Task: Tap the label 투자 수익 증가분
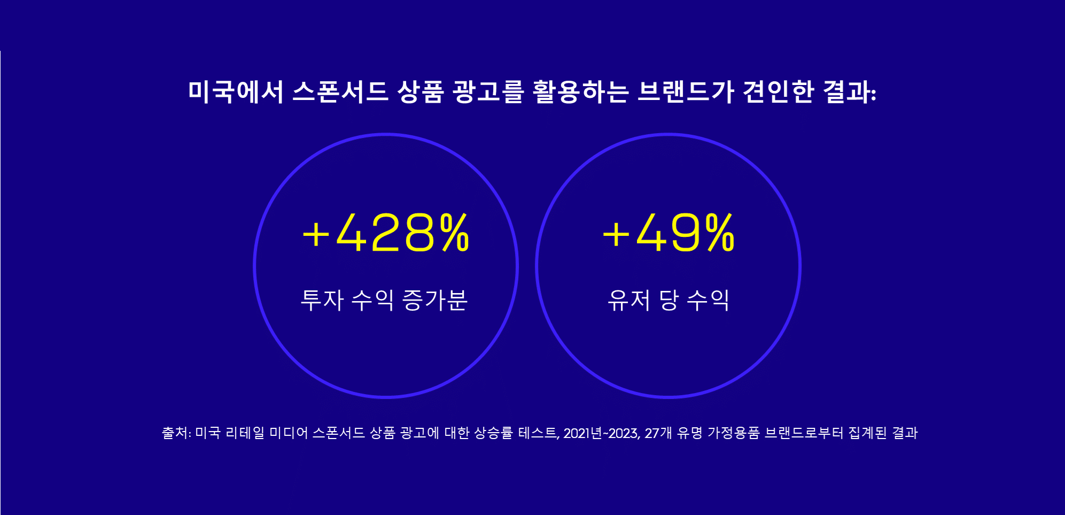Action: pos(384,299)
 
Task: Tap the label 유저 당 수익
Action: pos(668,299)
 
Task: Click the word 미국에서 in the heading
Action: pos(236,91)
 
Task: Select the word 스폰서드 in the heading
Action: pos(340,91)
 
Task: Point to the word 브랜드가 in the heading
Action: pos(686,91)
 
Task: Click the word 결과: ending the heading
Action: pos(850,91)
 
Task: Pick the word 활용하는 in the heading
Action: pos(580,91)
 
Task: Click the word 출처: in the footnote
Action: pos(176,433)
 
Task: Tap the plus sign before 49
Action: pos(616,234)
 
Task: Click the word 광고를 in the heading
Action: pos(488,91)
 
